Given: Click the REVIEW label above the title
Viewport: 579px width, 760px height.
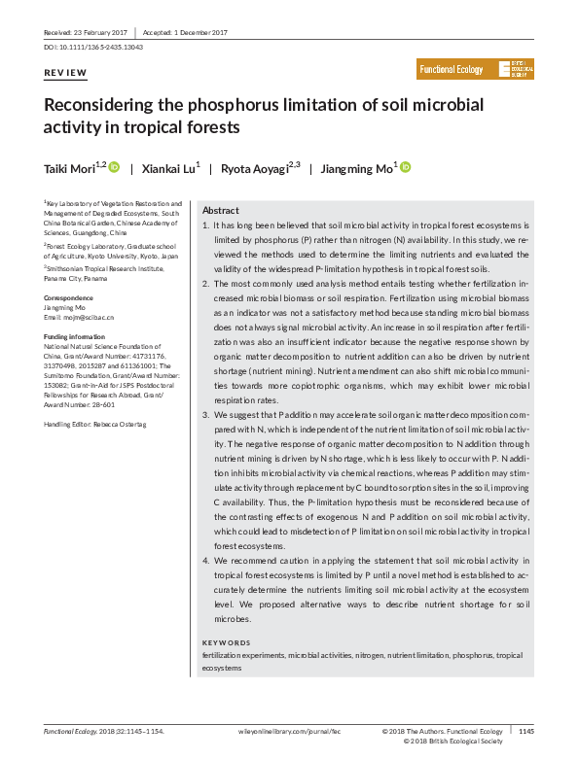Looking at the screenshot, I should click(65, 74).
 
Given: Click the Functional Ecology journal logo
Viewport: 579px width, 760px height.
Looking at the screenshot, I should click(475, 69).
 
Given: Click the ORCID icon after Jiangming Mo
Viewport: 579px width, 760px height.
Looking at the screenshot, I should click(406, 168).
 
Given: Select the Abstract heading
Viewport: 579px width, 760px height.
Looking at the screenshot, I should click(220, 211).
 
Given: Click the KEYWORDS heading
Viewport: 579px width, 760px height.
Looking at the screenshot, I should click(227, 643).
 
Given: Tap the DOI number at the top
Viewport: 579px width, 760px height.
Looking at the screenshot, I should click(94, 47).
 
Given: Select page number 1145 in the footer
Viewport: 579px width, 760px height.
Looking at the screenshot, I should click(525, 732).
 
